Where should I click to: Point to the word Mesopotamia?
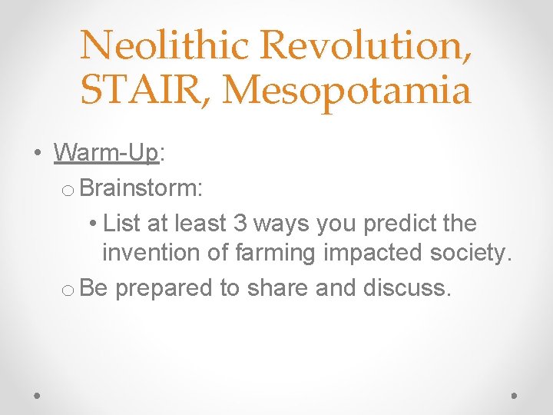[348, 90]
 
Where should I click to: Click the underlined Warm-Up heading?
[106, 153]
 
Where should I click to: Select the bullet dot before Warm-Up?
[38, 154]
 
